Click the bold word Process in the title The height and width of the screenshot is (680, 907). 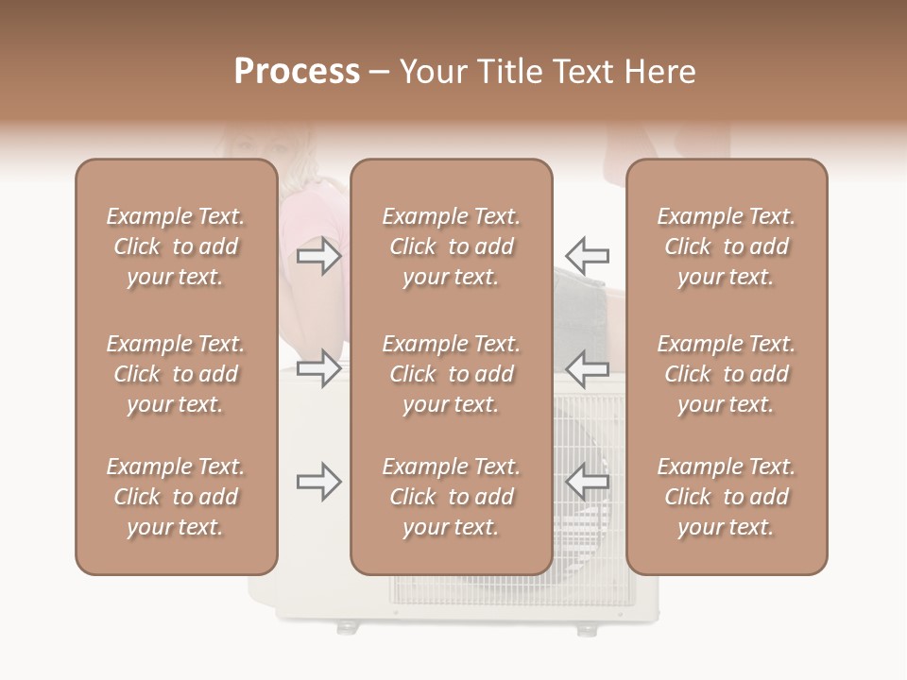coord(297,72)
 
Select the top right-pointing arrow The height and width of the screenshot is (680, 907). coord(318,256)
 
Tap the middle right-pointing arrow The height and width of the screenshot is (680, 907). coord(318,368)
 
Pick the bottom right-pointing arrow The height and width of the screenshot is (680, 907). coord(318,483)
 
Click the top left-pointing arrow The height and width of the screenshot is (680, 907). coord(588,256)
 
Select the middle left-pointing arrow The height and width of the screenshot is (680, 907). coord(588,368)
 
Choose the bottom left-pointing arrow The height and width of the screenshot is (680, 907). coord(588,483)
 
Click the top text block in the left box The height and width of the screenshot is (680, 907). coord(176,246)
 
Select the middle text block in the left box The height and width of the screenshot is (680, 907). coord(176,374)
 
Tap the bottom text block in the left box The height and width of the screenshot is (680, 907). coord(176,497)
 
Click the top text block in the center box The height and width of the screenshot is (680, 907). coord(451,246)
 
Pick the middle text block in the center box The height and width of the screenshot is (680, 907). coord(451,374)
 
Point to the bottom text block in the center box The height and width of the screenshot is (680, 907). coord(451,497)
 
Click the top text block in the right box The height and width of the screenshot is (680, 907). coord(726,246)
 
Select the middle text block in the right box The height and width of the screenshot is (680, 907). coord(726,374)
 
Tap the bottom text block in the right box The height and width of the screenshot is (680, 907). coord(726,497)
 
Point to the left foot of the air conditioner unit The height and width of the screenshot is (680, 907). coord(348,627)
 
